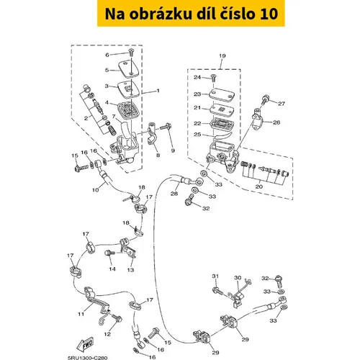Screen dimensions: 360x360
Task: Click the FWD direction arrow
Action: point(85,345)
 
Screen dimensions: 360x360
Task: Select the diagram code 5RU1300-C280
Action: point(87,358)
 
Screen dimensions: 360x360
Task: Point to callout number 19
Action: point(222,55)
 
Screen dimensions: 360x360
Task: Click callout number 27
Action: point(282,104)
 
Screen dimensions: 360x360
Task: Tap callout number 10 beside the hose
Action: point(96,190)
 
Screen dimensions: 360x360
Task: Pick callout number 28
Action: point(174,193)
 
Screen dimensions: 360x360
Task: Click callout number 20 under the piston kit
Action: point(258,186)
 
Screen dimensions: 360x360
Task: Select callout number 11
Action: point(81,314)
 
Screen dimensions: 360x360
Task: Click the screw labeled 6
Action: point(131,53)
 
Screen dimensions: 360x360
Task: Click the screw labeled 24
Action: point(213,78)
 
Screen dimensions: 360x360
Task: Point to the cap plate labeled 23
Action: point(222,95)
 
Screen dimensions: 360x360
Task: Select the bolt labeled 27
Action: point(264,99)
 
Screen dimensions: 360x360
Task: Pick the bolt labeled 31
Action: point(217,291)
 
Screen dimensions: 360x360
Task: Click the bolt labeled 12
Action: point(117,318)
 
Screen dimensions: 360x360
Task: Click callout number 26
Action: point(276,122)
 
